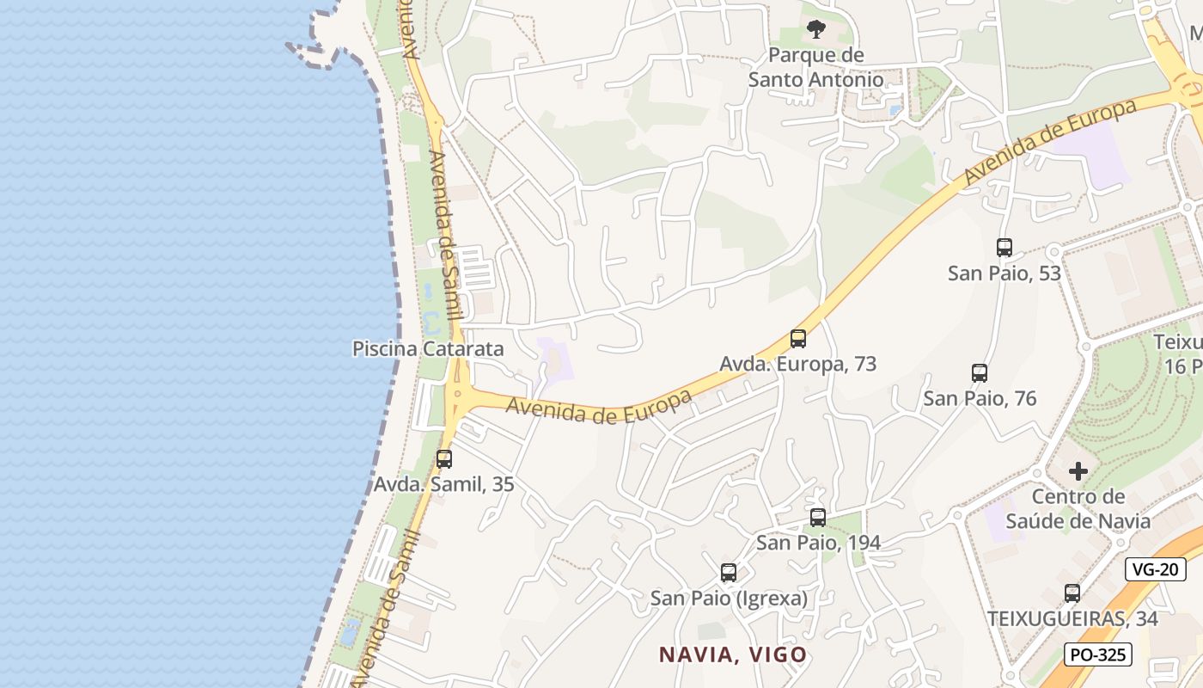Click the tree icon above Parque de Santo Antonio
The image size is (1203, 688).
point(815,30)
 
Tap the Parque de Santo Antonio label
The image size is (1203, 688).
point(815,67)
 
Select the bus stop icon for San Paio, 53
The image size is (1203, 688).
point(1004,248)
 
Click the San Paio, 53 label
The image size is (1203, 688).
point(1004,273)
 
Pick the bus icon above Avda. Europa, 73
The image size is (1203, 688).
point(798,339)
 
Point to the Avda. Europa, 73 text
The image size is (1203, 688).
point(797,364)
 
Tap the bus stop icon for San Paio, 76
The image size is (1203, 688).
point(979,373)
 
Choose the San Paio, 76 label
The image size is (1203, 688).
point(980,398)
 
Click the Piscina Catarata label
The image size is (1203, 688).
point(428,348)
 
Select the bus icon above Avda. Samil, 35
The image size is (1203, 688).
point(443,459)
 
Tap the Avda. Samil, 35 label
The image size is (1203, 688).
point(443,484)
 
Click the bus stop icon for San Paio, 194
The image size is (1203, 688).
point(817,518)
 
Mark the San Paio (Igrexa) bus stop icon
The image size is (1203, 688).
point(728,573)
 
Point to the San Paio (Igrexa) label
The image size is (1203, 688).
point(729,598)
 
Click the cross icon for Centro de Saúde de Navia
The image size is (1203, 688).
point(1078,471)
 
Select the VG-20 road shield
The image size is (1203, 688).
point(1155,568)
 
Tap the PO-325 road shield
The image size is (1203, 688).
point(1097,654)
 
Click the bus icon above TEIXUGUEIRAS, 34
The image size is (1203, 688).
point(1072,593)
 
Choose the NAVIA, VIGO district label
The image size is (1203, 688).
point(733,654)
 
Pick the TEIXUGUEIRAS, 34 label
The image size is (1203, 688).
point(1072,618)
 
